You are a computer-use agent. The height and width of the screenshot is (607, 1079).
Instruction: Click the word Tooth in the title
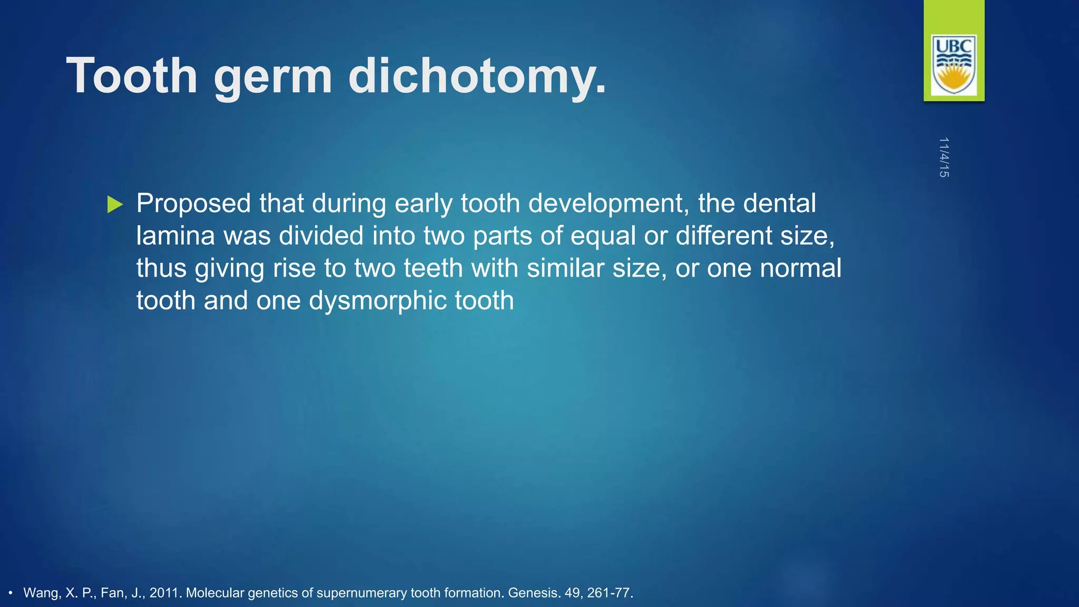pos(132,76)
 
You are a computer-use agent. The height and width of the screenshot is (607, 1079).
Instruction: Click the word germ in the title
pos(273,79)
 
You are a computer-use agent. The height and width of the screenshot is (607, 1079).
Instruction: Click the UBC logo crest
pos(954,65)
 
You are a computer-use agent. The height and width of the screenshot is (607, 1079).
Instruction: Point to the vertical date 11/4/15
pos(944,157)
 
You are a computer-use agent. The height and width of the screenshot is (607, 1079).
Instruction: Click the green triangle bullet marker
pos(114,204)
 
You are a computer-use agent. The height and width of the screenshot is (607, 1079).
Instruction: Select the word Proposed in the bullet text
pos(193,204)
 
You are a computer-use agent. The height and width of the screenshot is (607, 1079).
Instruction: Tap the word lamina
pos(175,236)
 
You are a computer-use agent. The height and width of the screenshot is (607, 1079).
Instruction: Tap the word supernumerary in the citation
pos(361,593)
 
